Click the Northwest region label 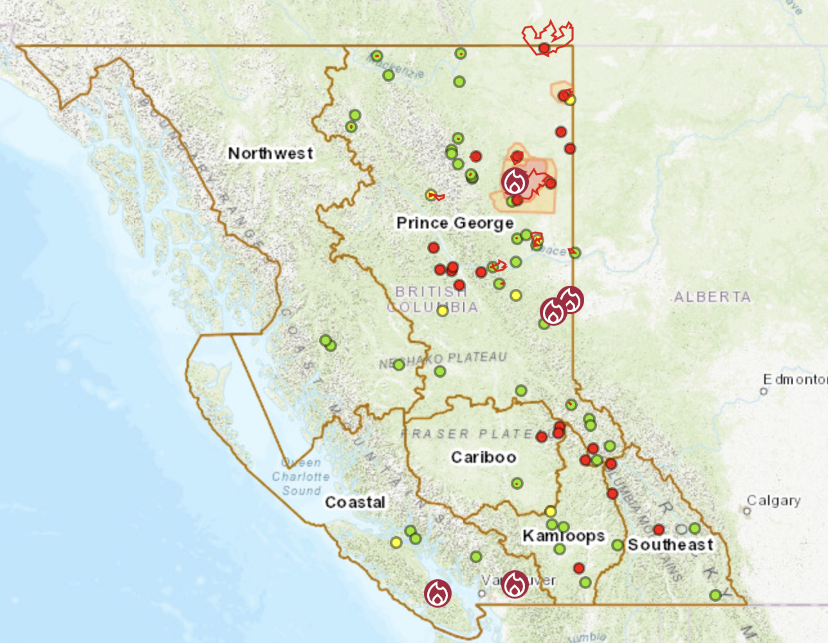(x=271, y=153)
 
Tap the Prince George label (x=455, y=223)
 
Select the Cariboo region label (x=484, y=457)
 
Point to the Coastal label (x=355, y=502)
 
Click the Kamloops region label (x=564, y=536)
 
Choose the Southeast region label (x=670, y=545)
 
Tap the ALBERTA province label (x=712, y=297)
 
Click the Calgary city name (x=773, y=500)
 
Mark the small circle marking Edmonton (x=764, y=391)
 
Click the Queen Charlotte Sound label (x=301, y=476)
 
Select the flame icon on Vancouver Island (x=437, y=593)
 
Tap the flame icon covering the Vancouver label (x=515, y=584)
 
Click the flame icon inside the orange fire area (x=515, y=182)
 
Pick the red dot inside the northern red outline (x=544, y=48)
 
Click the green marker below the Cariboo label (x=517, y=483)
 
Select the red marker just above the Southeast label (x=658, y=529)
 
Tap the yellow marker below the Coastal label (x=396, y=543)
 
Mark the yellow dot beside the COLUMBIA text (x=443, y=311)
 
